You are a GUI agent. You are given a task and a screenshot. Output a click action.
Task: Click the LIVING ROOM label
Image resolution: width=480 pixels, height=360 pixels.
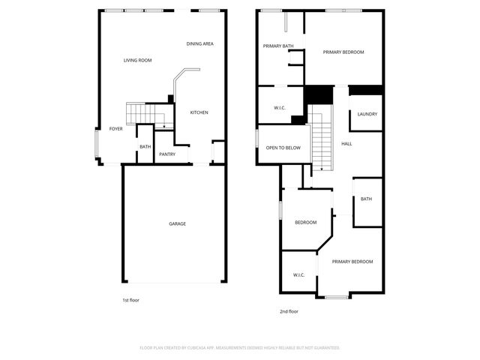pyautogui.click(x=138, y=60)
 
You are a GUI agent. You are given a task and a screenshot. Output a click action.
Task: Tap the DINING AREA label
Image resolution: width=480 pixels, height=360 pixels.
pyautogui.click(x=200, y=43)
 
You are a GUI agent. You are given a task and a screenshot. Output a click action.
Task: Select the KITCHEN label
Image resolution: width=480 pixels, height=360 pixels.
pyautogui.click(x=199, y=112)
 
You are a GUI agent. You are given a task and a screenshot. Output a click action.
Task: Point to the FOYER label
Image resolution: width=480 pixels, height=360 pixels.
pyautogui.click(x=115, y=129)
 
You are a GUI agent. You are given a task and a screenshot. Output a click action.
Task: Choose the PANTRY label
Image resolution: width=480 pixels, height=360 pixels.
pyautogui.click(x=166, y=154)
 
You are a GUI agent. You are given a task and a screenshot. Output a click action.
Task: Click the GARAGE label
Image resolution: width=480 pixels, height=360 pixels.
pyautogui.click(x=177, y=223)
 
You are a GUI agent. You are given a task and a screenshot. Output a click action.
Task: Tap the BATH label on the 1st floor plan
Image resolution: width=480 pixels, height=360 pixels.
pyautogui.click(x=145, y=147)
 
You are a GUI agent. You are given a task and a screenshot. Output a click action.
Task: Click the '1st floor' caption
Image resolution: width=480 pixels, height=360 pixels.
pyautogui.click(x=130, y=300)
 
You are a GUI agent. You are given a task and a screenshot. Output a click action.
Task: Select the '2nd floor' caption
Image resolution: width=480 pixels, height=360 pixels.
pyautogui.click(x=289, y=311)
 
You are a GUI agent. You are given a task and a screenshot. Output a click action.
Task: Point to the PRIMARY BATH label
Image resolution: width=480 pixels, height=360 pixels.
pyautogui.click(x=277, y=46)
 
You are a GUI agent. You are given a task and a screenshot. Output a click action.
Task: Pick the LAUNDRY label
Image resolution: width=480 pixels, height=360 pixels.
pyautogui.click(x=367, y=114)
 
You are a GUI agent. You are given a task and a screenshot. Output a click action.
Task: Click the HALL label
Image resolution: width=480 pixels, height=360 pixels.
pyautogui.click(x=346, y=143)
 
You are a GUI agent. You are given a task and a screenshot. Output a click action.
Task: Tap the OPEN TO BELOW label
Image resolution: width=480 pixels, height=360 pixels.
pyautogui.click(x=283, y=148)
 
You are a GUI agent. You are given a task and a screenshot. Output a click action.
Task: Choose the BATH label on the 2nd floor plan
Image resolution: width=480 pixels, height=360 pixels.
pyautogui.click(x=366, y=199)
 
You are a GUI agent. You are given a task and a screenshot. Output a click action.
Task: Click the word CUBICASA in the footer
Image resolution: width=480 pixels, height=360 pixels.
pyautogui.click(x=199, y=348)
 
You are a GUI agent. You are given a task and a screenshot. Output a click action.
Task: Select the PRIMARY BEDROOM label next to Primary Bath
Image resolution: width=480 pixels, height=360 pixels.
pyautogui.click(x=343, y=52)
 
